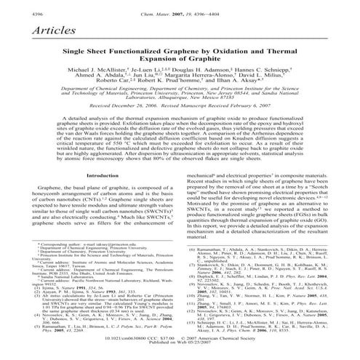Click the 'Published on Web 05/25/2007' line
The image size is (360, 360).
click(x=180, y=343)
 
